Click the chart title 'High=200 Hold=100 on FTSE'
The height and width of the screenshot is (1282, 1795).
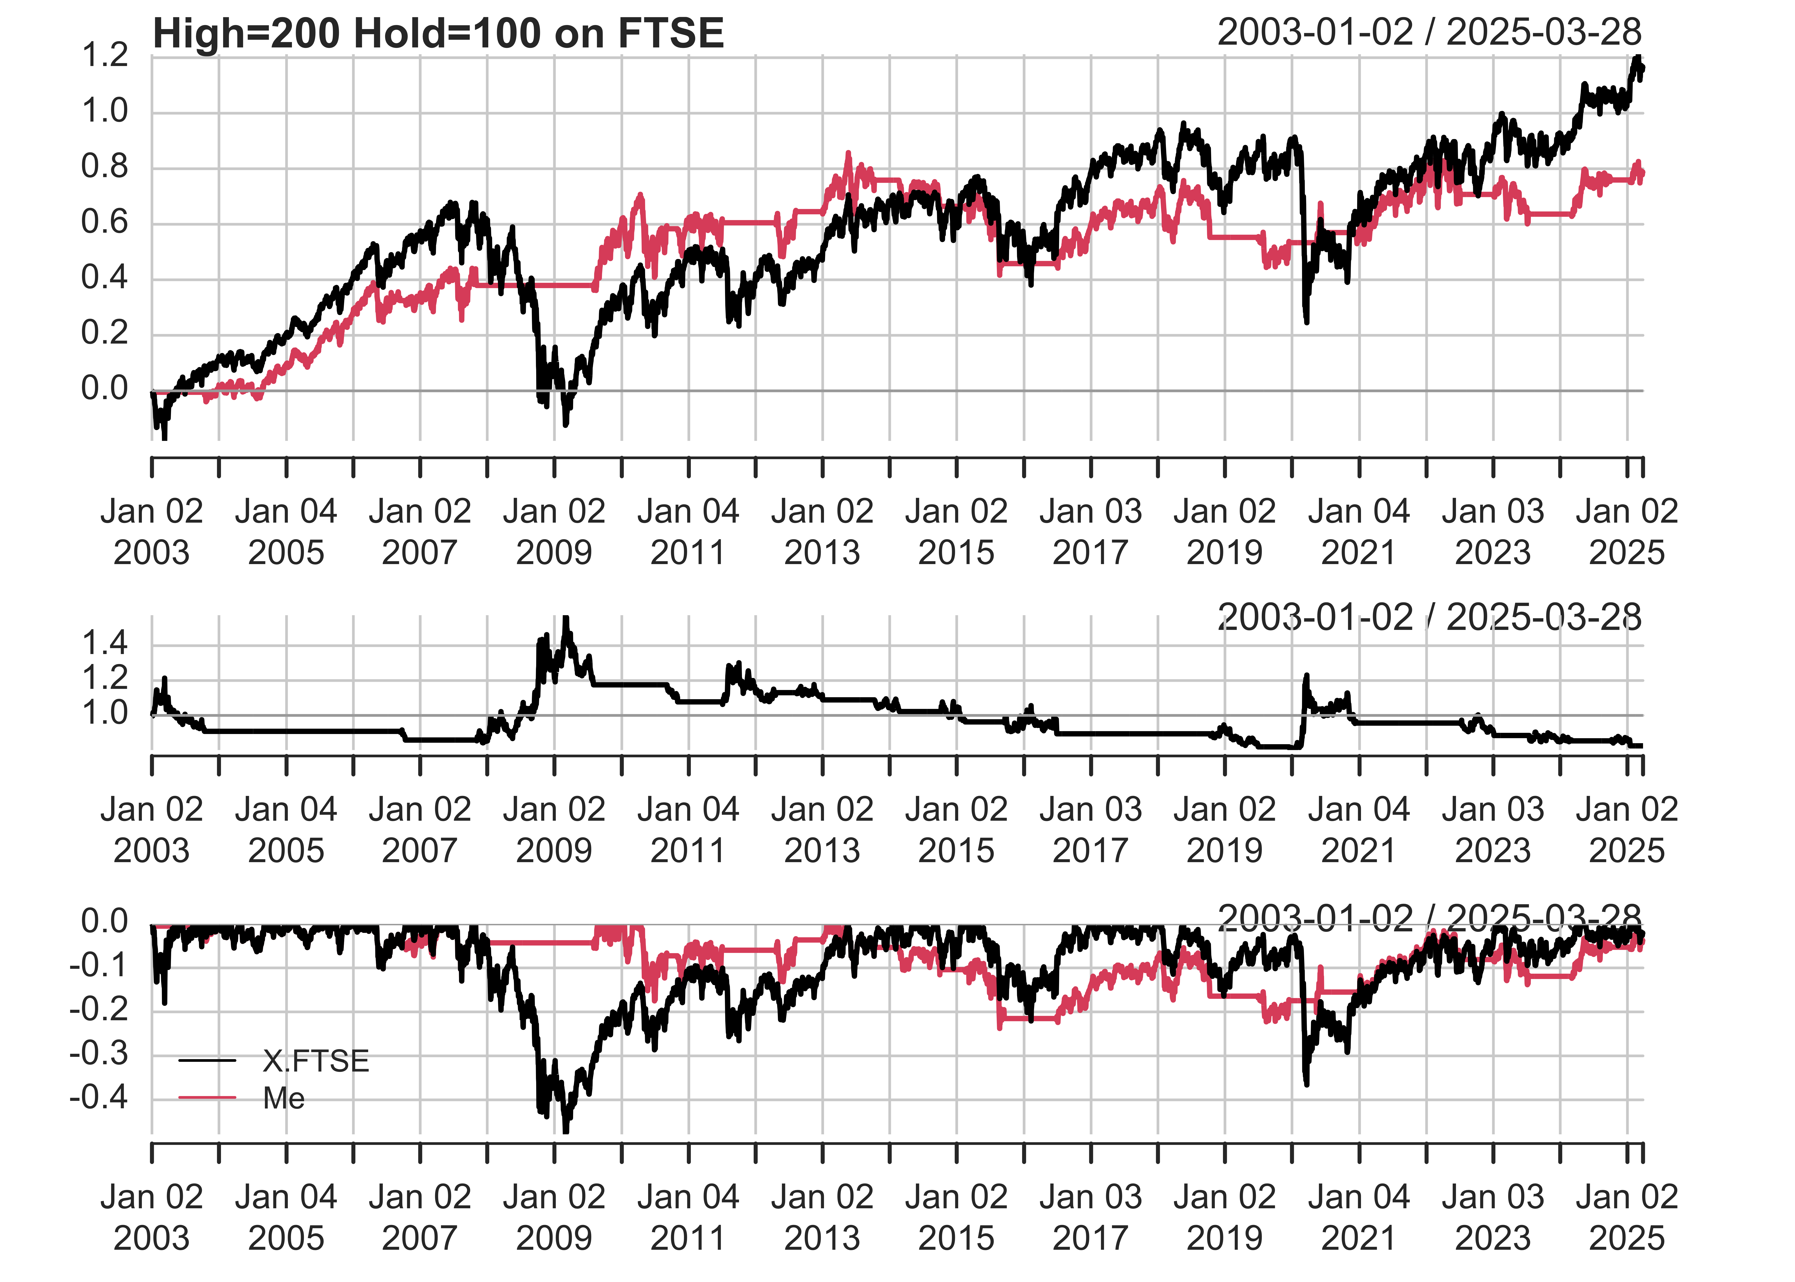tap(438, 34)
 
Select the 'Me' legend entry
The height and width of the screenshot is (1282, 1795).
tap(283, 1098)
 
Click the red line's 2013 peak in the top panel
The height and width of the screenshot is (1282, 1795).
tap(849, 154)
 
